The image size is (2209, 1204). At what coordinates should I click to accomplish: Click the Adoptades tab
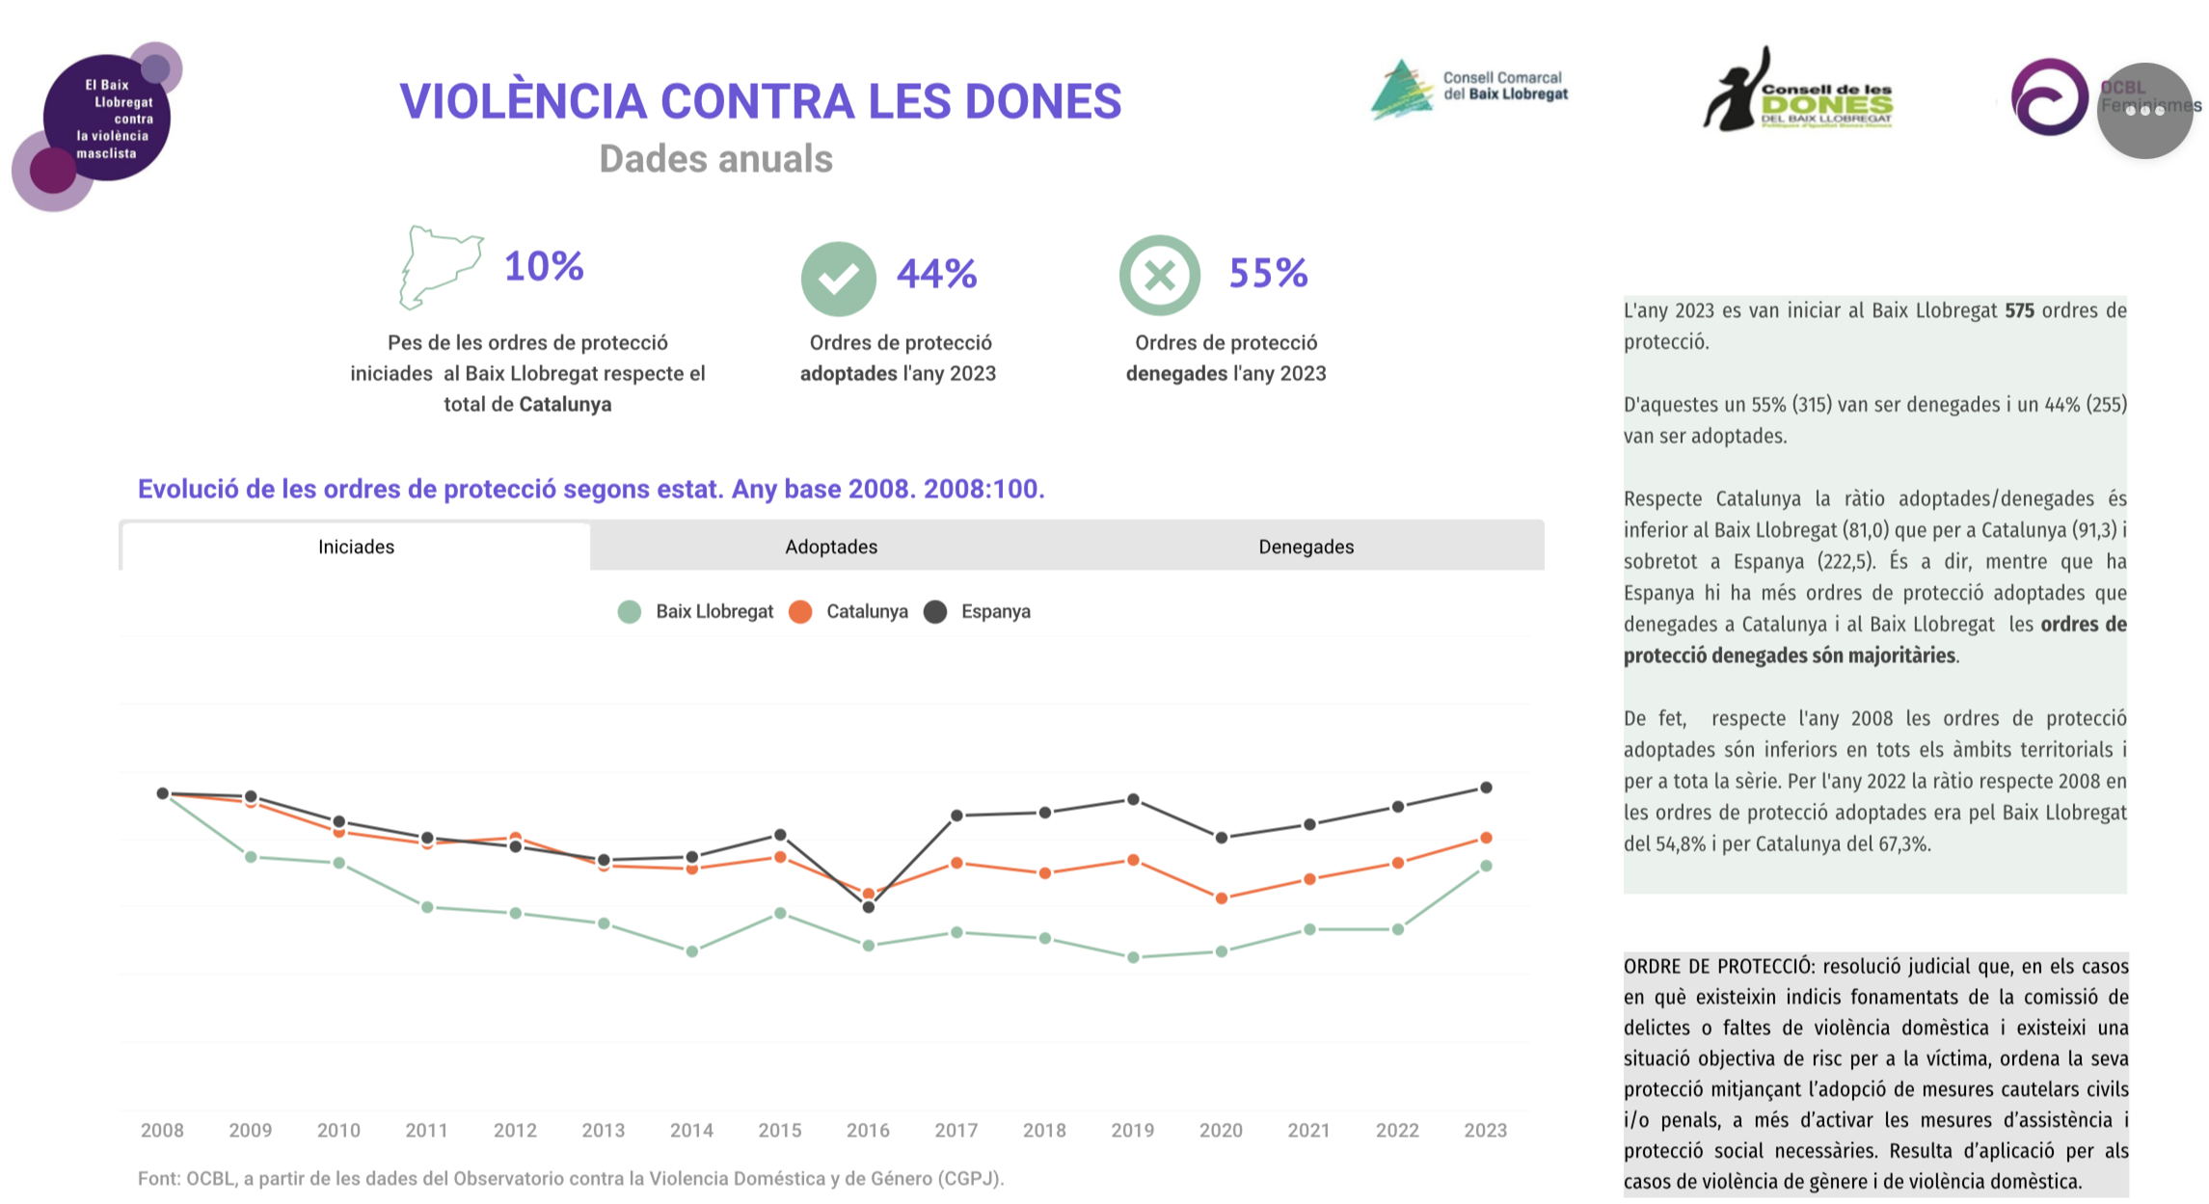pos(830,547)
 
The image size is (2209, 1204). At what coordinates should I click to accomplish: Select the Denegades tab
pos(1306,547)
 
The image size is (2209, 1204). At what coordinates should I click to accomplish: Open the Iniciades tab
pos(356,547)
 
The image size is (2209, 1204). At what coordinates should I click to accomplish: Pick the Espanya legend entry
pos(978,611)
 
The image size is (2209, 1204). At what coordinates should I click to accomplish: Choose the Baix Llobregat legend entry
pos(696,611)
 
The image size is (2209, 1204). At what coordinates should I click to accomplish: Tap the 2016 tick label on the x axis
pos(868,1130)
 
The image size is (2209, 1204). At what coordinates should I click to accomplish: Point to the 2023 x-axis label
pos(1485,1130)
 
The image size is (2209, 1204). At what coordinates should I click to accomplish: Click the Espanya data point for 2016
pos(868,907)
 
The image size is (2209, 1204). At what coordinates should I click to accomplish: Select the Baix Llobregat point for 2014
pos(691,951)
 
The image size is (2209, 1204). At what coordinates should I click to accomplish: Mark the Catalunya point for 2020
pos(1222,898)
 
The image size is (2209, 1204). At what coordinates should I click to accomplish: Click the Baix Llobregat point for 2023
pos(1486,866)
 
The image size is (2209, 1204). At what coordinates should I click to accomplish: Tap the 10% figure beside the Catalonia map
pos(544,266)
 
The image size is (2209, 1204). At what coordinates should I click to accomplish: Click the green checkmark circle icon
pos(838,279)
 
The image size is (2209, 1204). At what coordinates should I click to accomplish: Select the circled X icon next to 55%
pos(1159,276)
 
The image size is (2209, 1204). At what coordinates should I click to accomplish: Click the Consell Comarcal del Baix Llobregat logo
pos(1468,90)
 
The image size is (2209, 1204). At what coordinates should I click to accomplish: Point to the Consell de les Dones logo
pos(1798,93)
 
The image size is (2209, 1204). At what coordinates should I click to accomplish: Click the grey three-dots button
pos(2144,111)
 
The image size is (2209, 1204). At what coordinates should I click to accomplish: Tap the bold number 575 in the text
pos(2019,310)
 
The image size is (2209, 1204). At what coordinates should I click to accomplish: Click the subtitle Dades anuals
pos(715,159)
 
